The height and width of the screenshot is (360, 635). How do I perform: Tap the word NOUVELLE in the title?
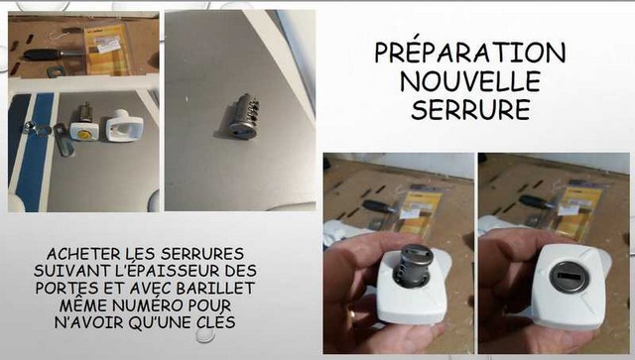[x=470, y=81]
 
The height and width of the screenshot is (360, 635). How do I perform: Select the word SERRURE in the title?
[x=470, y=109]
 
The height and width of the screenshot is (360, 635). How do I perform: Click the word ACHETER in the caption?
[x=83, y=254]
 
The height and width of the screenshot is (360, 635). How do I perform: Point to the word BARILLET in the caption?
[x=215, y=288]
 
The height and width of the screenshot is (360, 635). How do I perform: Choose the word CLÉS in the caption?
[x=215, y=322]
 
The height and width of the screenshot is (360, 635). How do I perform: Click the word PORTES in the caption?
[x=67, y=288]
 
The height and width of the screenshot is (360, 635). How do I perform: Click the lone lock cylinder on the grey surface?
[x=243, y=116]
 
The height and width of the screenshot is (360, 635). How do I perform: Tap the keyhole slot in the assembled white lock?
[x=568, y=277]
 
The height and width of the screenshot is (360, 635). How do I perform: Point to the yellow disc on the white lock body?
[x=84, y=134]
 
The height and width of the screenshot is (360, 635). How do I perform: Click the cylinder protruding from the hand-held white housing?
[x=415, y=265]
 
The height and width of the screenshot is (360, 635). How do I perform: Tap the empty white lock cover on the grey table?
[x=125, y=126]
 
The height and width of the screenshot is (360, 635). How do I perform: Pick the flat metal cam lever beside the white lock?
[x=64, y=140]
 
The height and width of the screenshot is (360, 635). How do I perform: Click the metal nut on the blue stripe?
[x=29, y=127]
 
